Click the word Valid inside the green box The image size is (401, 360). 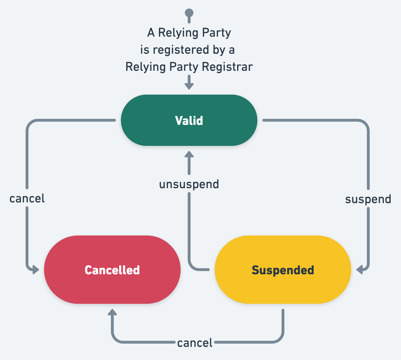189,121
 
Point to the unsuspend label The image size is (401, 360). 189,184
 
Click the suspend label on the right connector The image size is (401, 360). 368,199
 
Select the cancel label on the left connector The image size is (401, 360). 27,198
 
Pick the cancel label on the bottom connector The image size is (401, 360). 195,343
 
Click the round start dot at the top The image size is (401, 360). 189,13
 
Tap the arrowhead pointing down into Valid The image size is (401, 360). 189,86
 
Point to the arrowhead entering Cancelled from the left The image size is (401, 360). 35,270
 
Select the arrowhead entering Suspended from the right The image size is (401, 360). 360,270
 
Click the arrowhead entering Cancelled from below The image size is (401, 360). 112,313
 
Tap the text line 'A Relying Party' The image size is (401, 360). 189,33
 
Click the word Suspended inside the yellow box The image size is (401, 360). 283,270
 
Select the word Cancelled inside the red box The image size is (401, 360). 112,270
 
